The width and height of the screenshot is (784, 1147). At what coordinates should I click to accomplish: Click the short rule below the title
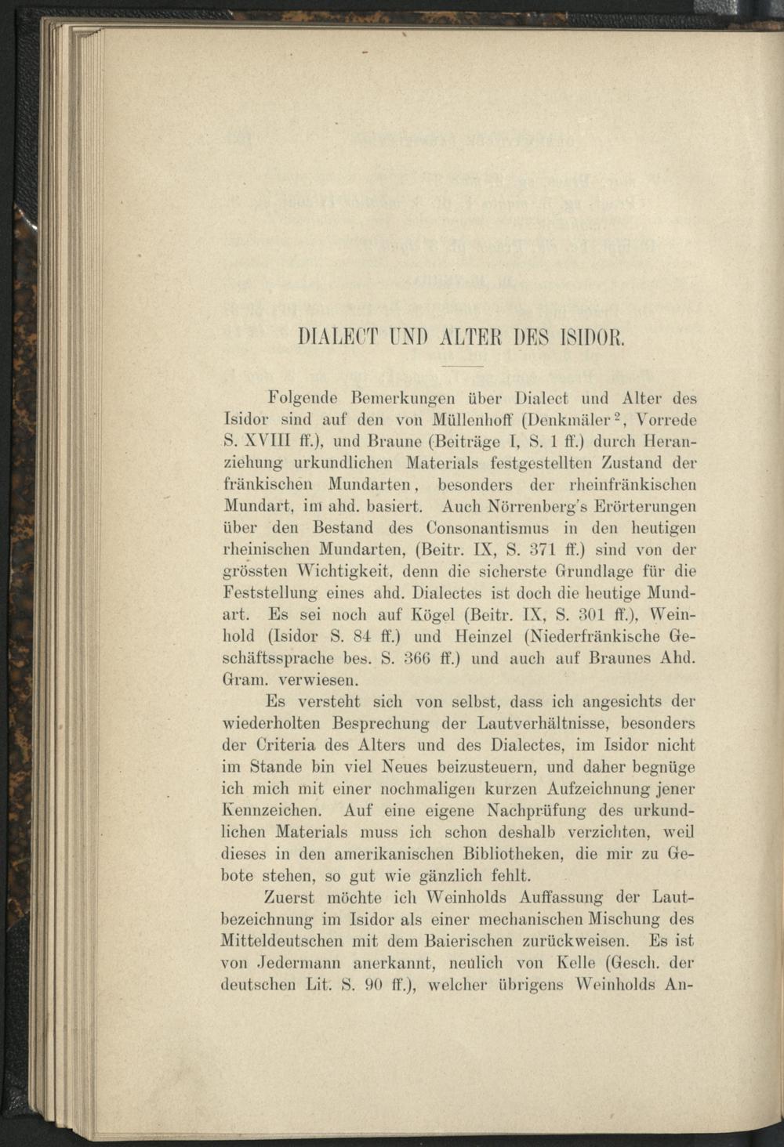pyautogui.click(x=463, y=366)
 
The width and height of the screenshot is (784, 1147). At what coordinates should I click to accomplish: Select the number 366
pyautogui.click(x=409, y=658)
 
